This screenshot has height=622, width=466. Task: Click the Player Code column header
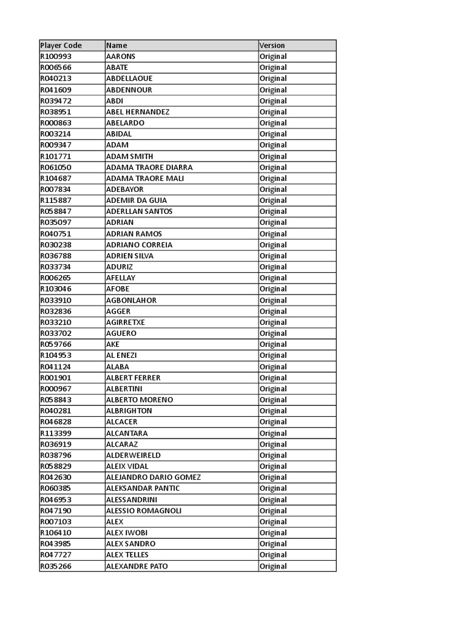tap(61, 46)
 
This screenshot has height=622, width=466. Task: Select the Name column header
tap(116, 46)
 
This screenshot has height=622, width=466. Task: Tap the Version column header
tap(272, 46)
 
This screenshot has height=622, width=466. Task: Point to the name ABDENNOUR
tap(129, 90)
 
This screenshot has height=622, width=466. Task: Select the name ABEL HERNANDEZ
tap(137, 112)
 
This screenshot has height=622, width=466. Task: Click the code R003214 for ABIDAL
tap(55, 134)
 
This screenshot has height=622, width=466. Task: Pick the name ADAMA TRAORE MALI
tap(144, 178)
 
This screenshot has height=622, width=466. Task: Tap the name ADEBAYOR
tap(124, 190)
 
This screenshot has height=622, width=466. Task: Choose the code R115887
tap(55, 200)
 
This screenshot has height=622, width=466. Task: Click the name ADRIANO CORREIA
tap(139, 245)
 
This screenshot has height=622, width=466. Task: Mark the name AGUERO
tap(121, 333)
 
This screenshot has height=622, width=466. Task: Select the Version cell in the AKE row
tap(273, 344)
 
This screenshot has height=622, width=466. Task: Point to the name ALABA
tap(117, 367)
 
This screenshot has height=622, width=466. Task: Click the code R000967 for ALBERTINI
tap(55, 389)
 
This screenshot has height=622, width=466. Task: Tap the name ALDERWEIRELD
tap(133, 455)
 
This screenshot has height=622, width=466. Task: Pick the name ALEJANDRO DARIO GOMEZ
tap(153, 477)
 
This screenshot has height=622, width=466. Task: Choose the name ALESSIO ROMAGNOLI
tap(143, 511)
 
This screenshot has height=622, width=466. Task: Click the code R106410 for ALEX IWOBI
tap(55, 533)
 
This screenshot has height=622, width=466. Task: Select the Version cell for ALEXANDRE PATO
tap(273, 566)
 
